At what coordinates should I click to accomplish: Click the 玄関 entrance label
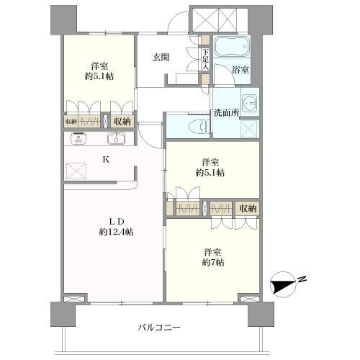tap(160, 58)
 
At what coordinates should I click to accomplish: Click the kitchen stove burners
tap(75, 138)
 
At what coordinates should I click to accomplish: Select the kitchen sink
tap(115, 138)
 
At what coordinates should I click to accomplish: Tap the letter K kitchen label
tap(106, 161)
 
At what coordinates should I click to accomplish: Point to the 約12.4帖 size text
tap(115, 231)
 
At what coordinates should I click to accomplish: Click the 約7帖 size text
tap(212, 264)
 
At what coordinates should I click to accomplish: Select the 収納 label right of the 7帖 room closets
tap(247, 208)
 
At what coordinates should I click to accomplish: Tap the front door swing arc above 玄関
tap(174, 23)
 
